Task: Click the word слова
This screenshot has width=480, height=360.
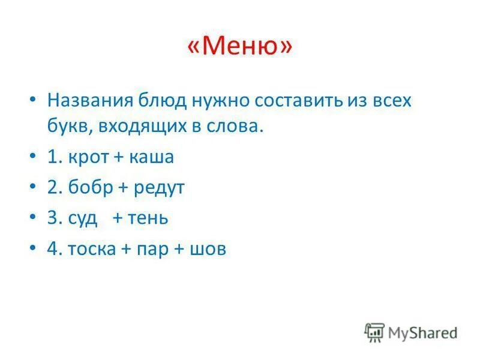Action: [x=238, y=127]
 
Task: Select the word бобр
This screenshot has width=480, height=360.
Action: [x=90, y=188]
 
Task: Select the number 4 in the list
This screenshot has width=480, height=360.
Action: [x=52, y=249]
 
